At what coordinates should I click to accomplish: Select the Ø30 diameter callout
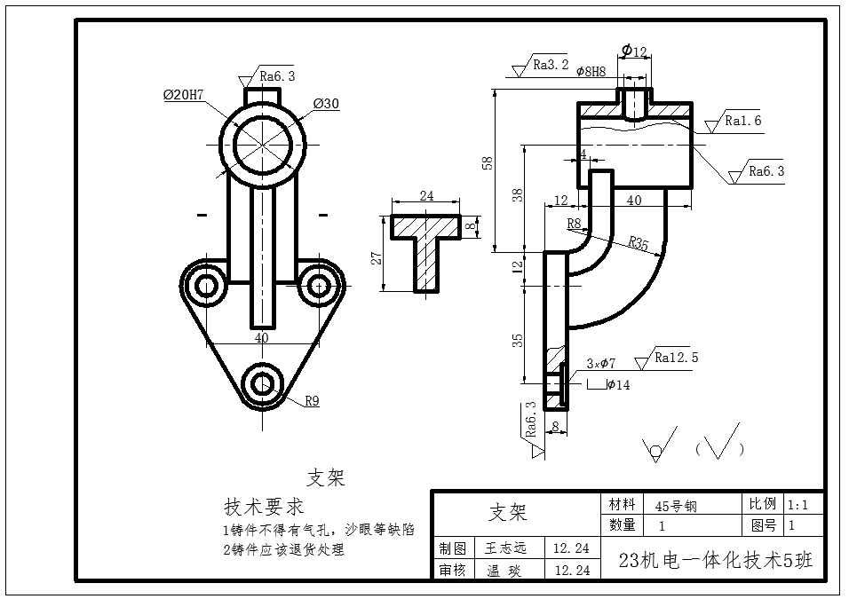(326, 104)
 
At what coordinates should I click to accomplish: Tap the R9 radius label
(312, 400)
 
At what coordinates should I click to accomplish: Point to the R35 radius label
(638, 242)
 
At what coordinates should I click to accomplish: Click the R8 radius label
(574, 224)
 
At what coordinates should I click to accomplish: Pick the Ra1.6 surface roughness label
(743, 120)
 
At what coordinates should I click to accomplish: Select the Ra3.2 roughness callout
(551, 64)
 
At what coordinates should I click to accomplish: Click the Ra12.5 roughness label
(677, 358)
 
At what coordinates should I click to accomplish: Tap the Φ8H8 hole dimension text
(591, 72)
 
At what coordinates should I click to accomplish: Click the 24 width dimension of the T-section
(426, 196)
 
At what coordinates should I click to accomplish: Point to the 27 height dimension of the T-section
(377, 257)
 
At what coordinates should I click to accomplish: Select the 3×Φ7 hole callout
(601, 363)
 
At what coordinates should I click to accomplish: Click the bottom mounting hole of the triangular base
(262, 382)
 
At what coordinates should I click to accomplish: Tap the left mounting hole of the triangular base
(207, 286)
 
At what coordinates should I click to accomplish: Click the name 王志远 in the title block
(506, 548)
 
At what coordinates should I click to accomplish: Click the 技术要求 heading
(264, 507)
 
